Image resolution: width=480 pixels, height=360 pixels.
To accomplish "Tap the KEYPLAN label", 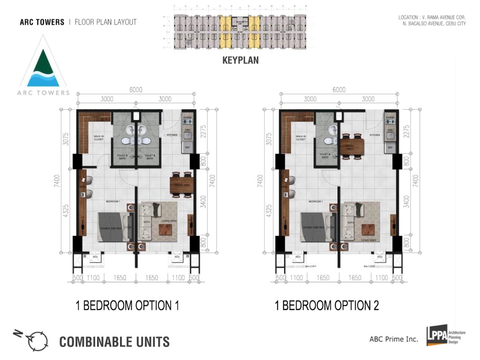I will tap(240, 60).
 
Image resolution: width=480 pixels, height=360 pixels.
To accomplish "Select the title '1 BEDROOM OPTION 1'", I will tap(127, 306).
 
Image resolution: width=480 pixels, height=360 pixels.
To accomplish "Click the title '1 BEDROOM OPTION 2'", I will tap(327, 306).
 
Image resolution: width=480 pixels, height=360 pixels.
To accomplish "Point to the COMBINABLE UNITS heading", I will tap(114, 342).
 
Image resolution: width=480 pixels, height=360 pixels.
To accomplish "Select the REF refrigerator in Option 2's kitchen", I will tap(389, 148).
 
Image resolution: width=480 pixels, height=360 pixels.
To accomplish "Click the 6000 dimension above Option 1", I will tap(136, 90).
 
